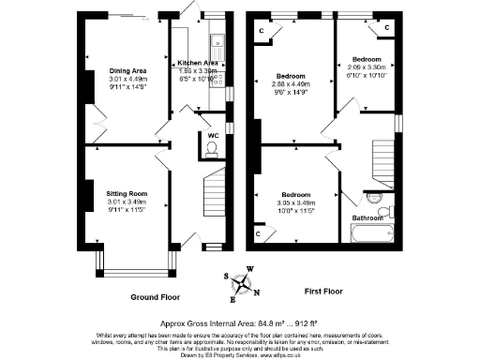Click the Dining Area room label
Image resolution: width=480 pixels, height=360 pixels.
[x=127, y=71]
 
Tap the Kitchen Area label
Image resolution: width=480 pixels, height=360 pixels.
[x=199, y=63]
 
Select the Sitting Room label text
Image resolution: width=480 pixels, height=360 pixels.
[x=127, y=193]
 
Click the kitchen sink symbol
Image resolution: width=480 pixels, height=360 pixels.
[x=217, y=41]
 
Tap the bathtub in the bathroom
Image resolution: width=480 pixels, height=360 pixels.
[x=375, y=232]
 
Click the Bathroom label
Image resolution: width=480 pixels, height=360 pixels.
[x=367, y=217]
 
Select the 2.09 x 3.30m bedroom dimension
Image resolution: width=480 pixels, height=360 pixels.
[x=367, y=67]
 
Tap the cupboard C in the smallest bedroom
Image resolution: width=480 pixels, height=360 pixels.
[x=387, y=28]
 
